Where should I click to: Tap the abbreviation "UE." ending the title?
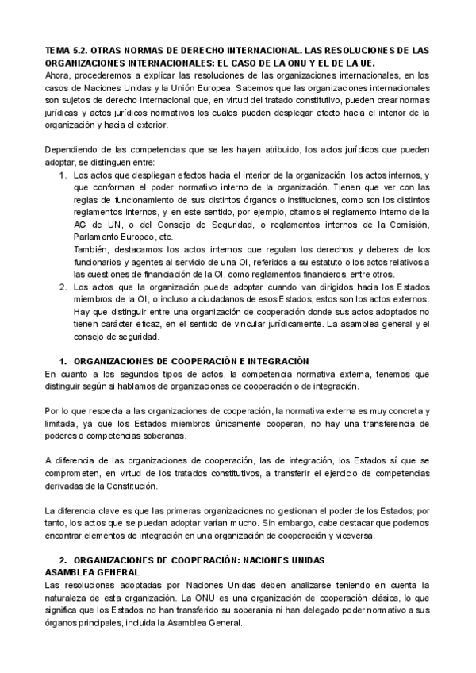(x=365, y=62)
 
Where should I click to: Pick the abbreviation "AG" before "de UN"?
(x=79, y=225)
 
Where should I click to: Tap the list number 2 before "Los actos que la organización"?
(x=63, y=287)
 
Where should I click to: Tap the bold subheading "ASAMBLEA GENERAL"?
(x=92, y=571)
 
